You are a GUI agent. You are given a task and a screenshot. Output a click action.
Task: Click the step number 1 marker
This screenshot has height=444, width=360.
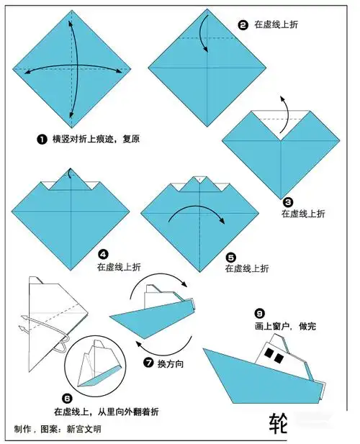pos(45,137)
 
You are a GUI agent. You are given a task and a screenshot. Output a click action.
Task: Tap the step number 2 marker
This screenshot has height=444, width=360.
pos(243,24)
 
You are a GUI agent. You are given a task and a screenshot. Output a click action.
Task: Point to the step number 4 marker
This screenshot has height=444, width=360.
pos(103,254)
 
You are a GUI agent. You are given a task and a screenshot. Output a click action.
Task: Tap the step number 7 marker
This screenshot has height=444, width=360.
pos(150,363)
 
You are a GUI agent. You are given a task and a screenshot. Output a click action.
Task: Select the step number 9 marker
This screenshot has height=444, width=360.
pos(258,313)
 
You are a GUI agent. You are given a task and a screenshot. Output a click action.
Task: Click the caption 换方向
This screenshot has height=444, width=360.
pos(171,364)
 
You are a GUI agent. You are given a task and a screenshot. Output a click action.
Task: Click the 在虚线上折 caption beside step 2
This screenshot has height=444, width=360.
pos(274,24)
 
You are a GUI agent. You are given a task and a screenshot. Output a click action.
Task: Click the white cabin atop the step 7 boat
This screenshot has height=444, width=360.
pos(157,291)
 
